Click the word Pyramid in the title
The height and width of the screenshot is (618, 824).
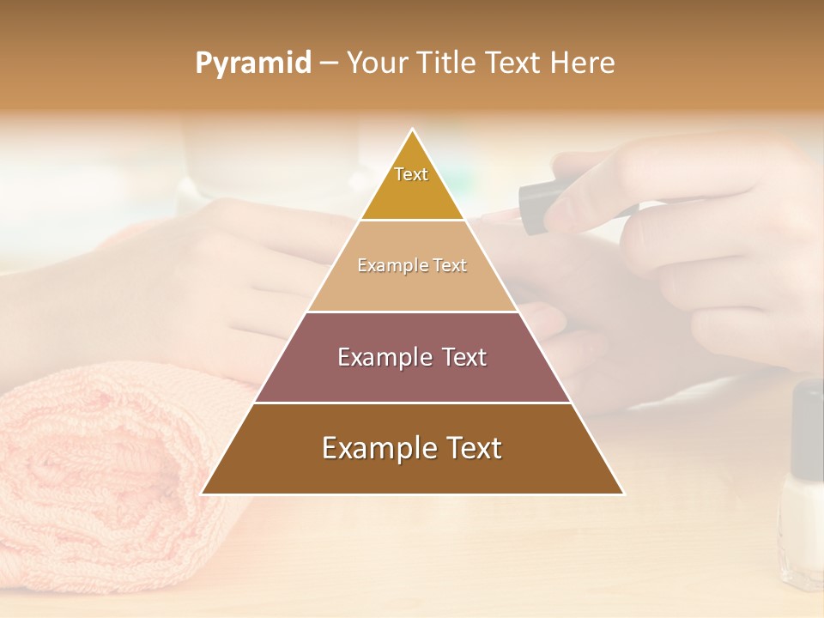pyautogui.click(x=253, y=64)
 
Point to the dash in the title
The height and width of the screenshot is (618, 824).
pyautogui.click(x=329, y=64)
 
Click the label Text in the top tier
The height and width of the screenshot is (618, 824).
pyautogui.click(x=411, y=174)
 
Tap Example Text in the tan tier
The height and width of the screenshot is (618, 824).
pyautogui.click(x=412, y=266)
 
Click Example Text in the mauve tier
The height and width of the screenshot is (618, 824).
pyautogui.click(x=412, y=357)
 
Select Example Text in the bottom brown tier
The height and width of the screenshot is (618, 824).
pyautogui.click(x=412, y=448)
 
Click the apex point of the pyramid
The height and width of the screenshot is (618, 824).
pyautogui.click(x=413, y=130)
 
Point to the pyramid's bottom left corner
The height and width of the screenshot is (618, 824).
pyautogui.click(x=203, y=494)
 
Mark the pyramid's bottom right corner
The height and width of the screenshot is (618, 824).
pyautogui.click(x=623, y=494)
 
